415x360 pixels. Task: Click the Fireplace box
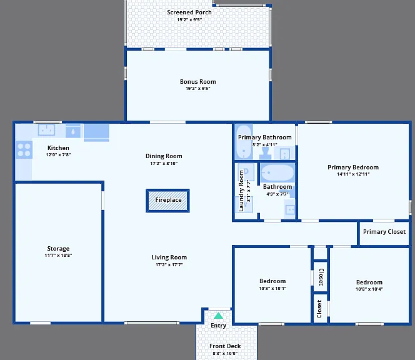[167, 201]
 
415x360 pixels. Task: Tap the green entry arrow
[218, 316]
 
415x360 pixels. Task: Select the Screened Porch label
[189, 12]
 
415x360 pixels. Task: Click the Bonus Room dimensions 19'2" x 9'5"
[197, 88]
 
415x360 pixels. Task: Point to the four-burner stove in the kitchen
[24, 150]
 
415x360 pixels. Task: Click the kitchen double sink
[47, 130]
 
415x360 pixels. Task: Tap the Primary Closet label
[384, 232]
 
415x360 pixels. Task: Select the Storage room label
[58, 249]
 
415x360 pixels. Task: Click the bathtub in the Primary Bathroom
[244, 142]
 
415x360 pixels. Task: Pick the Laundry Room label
[241, 191]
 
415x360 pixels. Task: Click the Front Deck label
[225, 346]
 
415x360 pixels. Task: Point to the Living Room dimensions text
[169, 264]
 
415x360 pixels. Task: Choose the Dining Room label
[164, 156]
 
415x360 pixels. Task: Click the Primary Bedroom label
[353, 167]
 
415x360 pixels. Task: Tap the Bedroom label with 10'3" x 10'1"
[272, 281]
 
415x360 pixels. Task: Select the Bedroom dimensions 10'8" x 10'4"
[369, 289]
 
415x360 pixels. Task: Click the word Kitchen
[58, 148]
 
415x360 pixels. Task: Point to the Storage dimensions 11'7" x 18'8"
[58, 256]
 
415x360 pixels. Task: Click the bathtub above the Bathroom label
[277, 172]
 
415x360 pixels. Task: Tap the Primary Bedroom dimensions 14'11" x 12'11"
[353, 174]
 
